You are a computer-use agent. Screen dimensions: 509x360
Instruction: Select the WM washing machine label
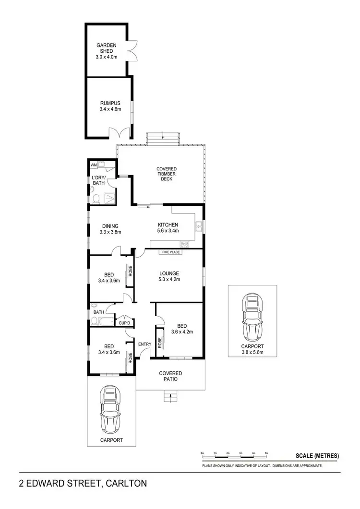[x=94, y=166]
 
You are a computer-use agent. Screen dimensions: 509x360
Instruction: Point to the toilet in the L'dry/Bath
[x=96, y=198]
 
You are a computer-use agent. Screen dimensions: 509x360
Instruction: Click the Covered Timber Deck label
[x=167, y=174]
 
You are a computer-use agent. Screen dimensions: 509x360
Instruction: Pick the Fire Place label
[x=170, y=251]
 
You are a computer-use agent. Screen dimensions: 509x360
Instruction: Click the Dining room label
[x=110, y=226]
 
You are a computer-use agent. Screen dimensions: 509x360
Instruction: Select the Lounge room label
[x=168, y=274]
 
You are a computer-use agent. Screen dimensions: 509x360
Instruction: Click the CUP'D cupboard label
[x=125, y=322]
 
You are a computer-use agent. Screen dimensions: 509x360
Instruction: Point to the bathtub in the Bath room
[x=104, y=321]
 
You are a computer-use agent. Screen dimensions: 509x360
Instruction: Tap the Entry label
[x=144, y=344]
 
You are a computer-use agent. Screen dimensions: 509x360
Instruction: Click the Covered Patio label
[x=170, y=376]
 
